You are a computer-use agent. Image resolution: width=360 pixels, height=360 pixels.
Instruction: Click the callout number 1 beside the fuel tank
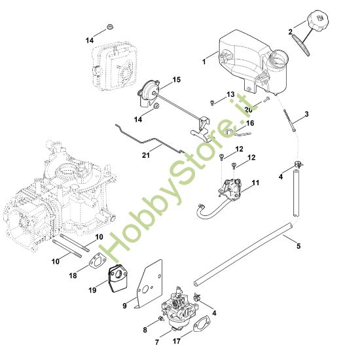[x=205, y=62]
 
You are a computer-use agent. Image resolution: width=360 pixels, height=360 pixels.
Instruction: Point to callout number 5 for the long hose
[x=299, y=247]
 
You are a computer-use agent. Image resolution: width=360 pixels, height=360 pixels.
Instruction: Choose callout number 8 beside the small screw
[x=145, y=330]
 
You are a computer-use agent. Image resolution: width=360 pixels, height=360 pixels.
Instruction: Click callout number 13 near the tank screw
[x=230, y=95]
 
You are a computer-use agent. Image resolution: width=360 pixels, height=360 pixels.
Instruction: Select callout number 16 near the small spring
[x=250, y=122]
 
